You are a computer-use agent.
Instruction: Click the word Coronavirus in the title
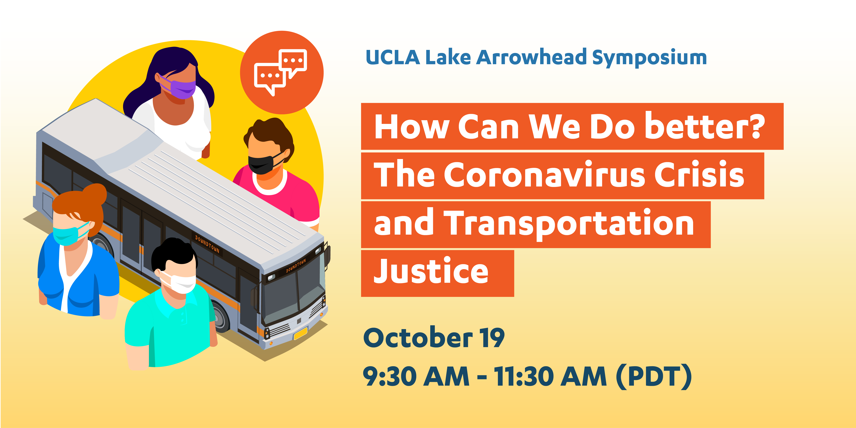pyautogui.click(x=545, y=175)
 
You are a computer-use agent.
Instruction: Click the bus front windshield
pyautogui.click(x=292, y=292)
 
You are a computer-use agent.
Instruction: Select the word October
pyautogui.click(x=418, y=338)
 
